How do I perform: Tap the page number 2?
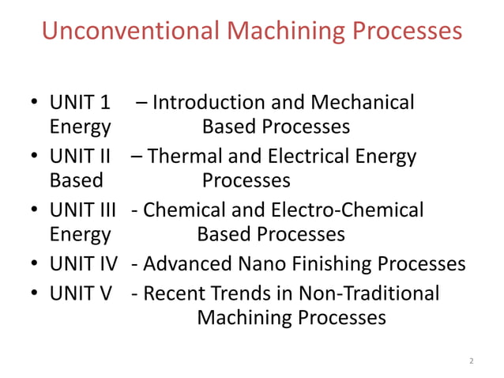pos(472,361)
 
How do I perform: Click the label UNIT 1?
pos(80,103)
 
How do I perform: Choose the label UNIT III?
pos(83,210)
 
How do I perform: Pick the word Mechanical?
pos(363,103)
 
